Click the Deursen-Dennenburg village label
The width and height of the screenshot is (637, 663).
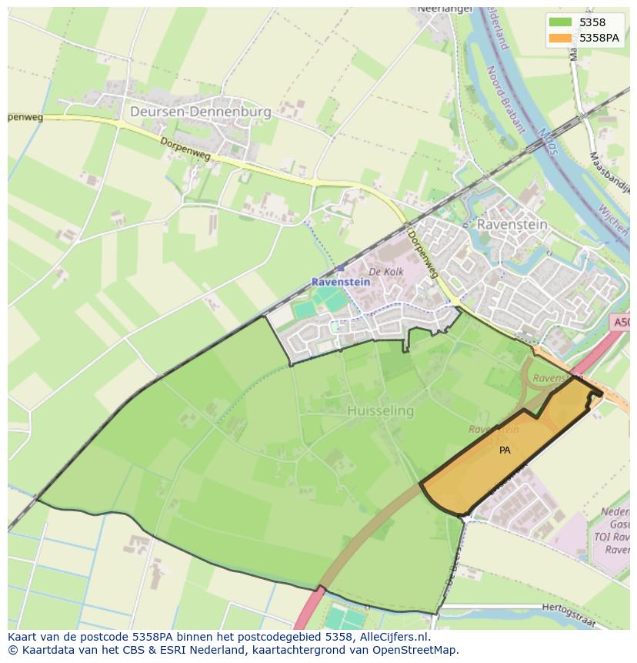tap(201, 112)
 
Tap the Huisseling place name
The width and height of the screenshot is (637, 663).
tap(380, 411)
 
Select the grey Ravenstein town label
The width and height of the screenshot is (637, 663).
tap(512, 224)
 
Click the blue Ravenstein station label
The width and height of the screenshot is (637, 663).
tap(340, 282)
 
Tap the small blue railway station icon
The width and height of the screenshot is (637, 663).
tap(340, 268)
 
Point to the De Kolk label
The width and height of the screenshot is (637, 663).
tap(386, 272)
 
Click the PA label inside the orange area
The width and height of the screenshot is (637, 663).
tap(505, 450)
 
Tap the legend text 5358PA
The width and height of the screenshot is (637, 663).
tap(599, 38)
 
